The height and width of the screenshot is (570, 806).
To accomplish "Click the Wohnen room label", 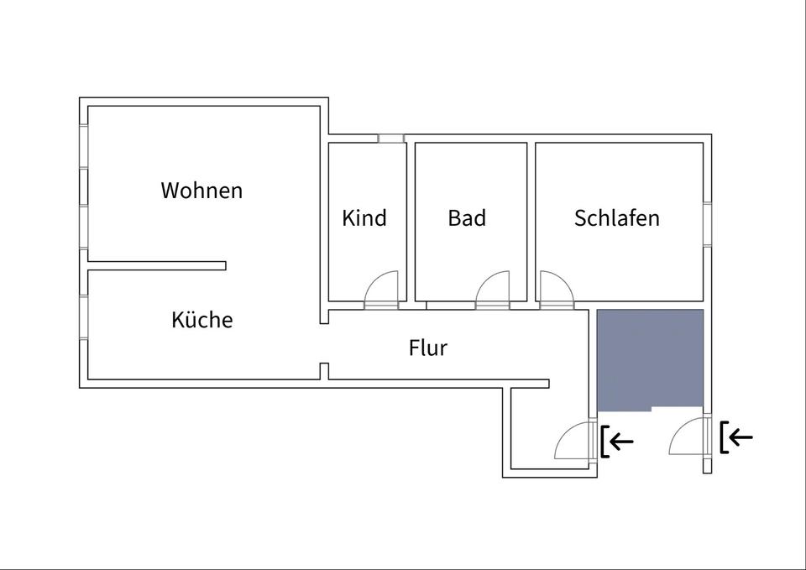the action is coord(201,191).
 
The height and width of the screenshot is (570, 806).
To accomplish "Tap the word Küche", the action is coord(201,320).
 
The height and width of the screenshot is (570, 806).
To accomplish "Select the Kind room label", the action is coord(364,218).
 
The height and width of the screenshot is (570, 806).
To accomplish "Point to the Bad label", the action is coord(467,218).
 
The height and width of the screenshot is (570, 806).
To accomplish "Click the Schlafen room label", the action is coord(617,218).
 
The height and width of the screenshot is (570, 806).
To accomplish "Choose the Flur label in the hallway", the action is coord(428,348).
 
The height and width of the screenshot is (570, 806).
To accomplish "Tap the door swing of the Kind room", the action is coord(381,290).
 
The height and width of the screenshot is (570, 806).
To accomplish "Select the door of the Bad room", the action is coord(493,290).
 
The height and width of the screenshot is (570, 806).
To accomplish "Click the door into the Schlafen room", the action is coord(555,290).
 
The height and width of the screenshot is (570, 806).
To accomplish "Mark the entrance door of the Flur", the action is coord(577,440).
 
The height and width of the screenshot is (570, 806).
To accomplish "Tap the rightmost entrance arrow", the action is coord(738,437).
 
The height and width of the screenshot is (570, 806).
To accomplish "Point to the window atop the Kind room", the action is coord(390,138).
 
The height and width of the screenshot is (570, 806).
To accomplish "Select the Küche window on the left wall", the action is coord(84,317).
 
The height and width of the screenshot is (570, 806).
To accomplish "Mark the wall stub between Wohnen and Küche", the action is coord(158,266).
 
